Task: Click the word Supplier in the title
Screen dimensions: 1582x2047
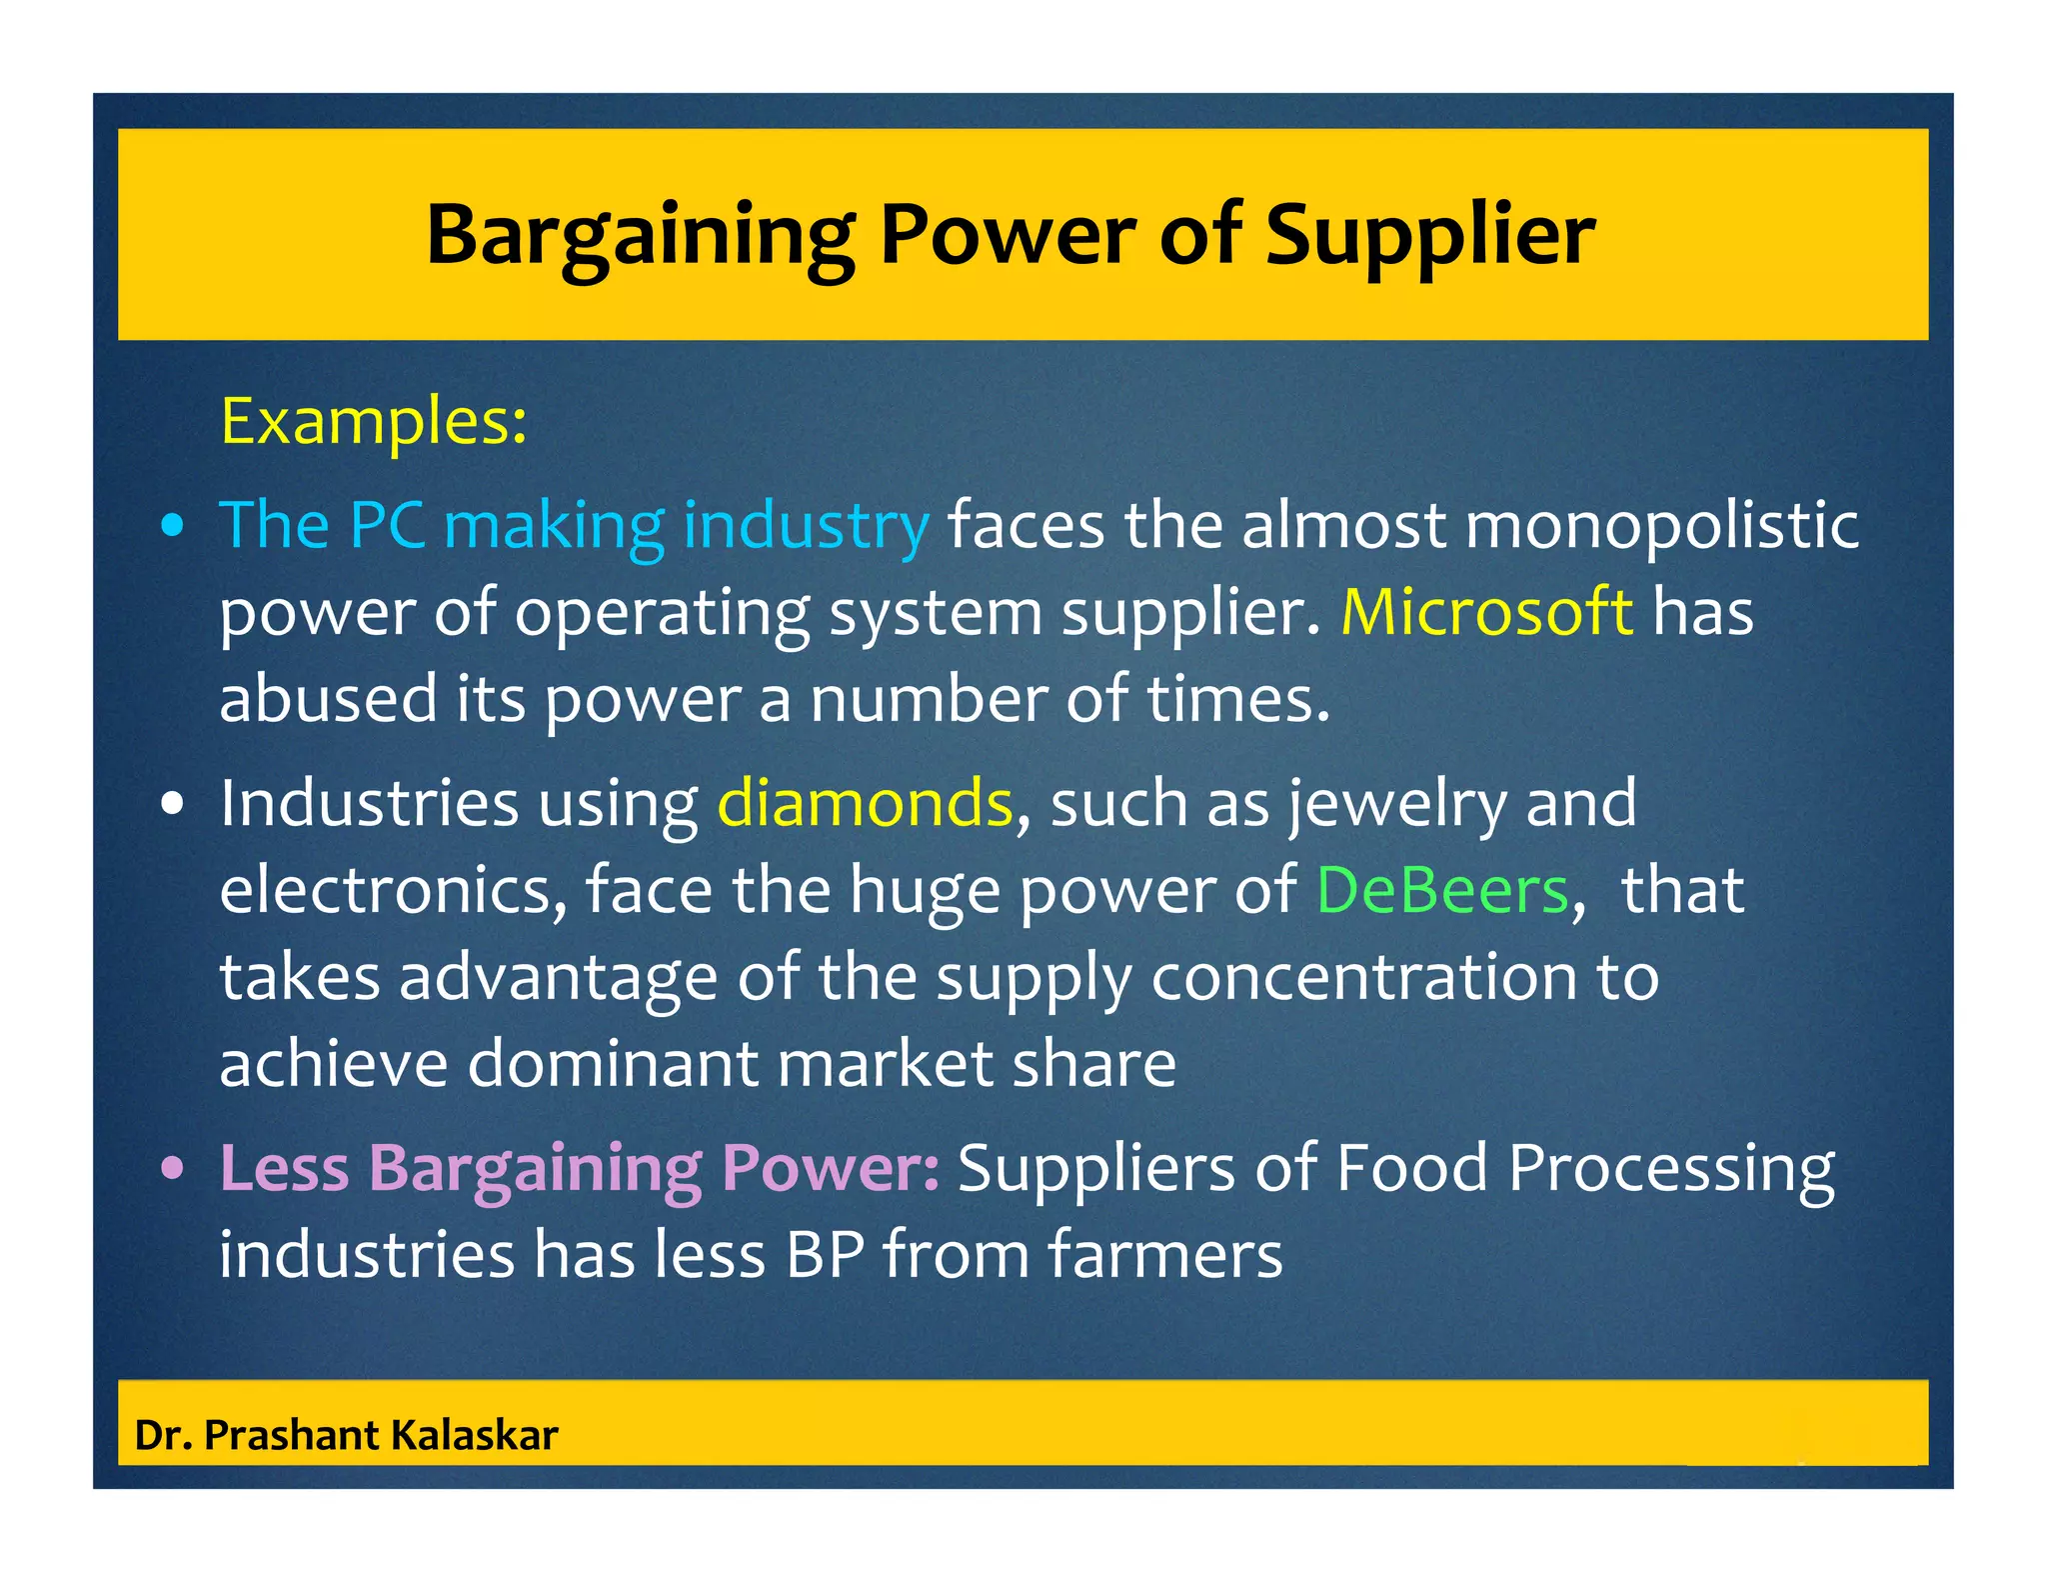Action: pyautogui.click(x=1430, y=236)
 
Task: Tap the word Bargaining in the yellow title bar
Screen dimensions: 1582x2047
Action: pyautogui.click(x=640, y=236)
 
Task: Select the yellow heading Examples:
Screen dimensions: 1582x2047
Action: pyautogui.click(x=373, y=421)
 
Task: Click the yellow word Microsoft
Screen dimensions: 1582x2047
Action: pyautogui.click(x=1486, y=611)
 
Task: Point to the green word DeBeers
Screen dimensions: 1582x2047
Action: pyautogui.click(x=1442, y=889)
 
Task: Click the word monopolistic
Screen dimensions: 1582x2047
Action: pyautogui.click(x=1661, y=525)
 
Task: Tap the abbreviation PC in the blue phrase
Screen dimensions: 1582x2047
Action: pyautogui.click(x=387, y=525)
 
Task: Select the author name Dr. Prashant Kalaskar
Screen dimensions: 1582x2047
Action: pyautogui.click(x=346, y=1435)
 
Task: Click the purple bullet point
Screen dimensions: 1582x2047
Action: pyautogui.click(x=173, y=1167)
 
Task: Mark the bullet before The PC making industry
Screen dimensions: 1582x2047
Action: pyautogui.click(x=173, y=526)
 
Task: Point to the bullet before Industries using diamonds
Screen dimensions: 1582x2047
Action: pyautogui.click(x=173, y=803)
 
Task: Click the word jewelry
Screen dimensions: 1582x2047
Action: pyautogui.click(x=1396, y=804)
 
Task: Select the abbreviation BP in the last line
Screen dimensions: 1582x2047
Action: pyautogui.click(x=825, y=1254)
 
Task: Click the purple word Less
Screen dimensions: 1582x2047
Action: pyautogui.click(x=284, y=1167)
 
